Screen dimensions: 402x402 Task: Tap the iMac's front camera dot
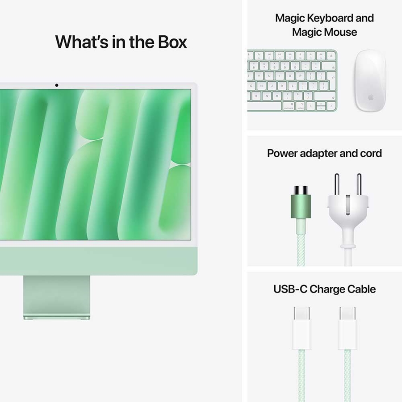(x=57, y=85)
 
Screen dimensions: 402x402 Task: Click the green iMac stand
(x=57, y=297)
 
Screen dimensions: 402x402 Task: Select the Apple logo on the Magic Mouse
(x=370, y=97)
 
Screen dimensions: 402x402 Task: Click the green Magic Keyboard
(x=292, y=80)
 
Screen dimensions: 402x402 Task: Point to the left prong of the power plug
(x=337, y=183)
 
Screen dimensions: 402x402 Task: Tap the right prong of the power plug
(x=358, y=183)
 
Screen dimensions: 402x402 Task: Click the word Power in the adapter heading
(x=283, y=153)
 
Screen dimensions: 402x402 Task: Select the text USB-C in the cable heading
(x=290, y=289)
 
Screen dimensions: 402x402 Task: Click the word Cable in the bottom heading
(x=360, y=289)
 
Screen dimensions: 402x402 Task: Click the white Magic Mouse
(x=370, y=80)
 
